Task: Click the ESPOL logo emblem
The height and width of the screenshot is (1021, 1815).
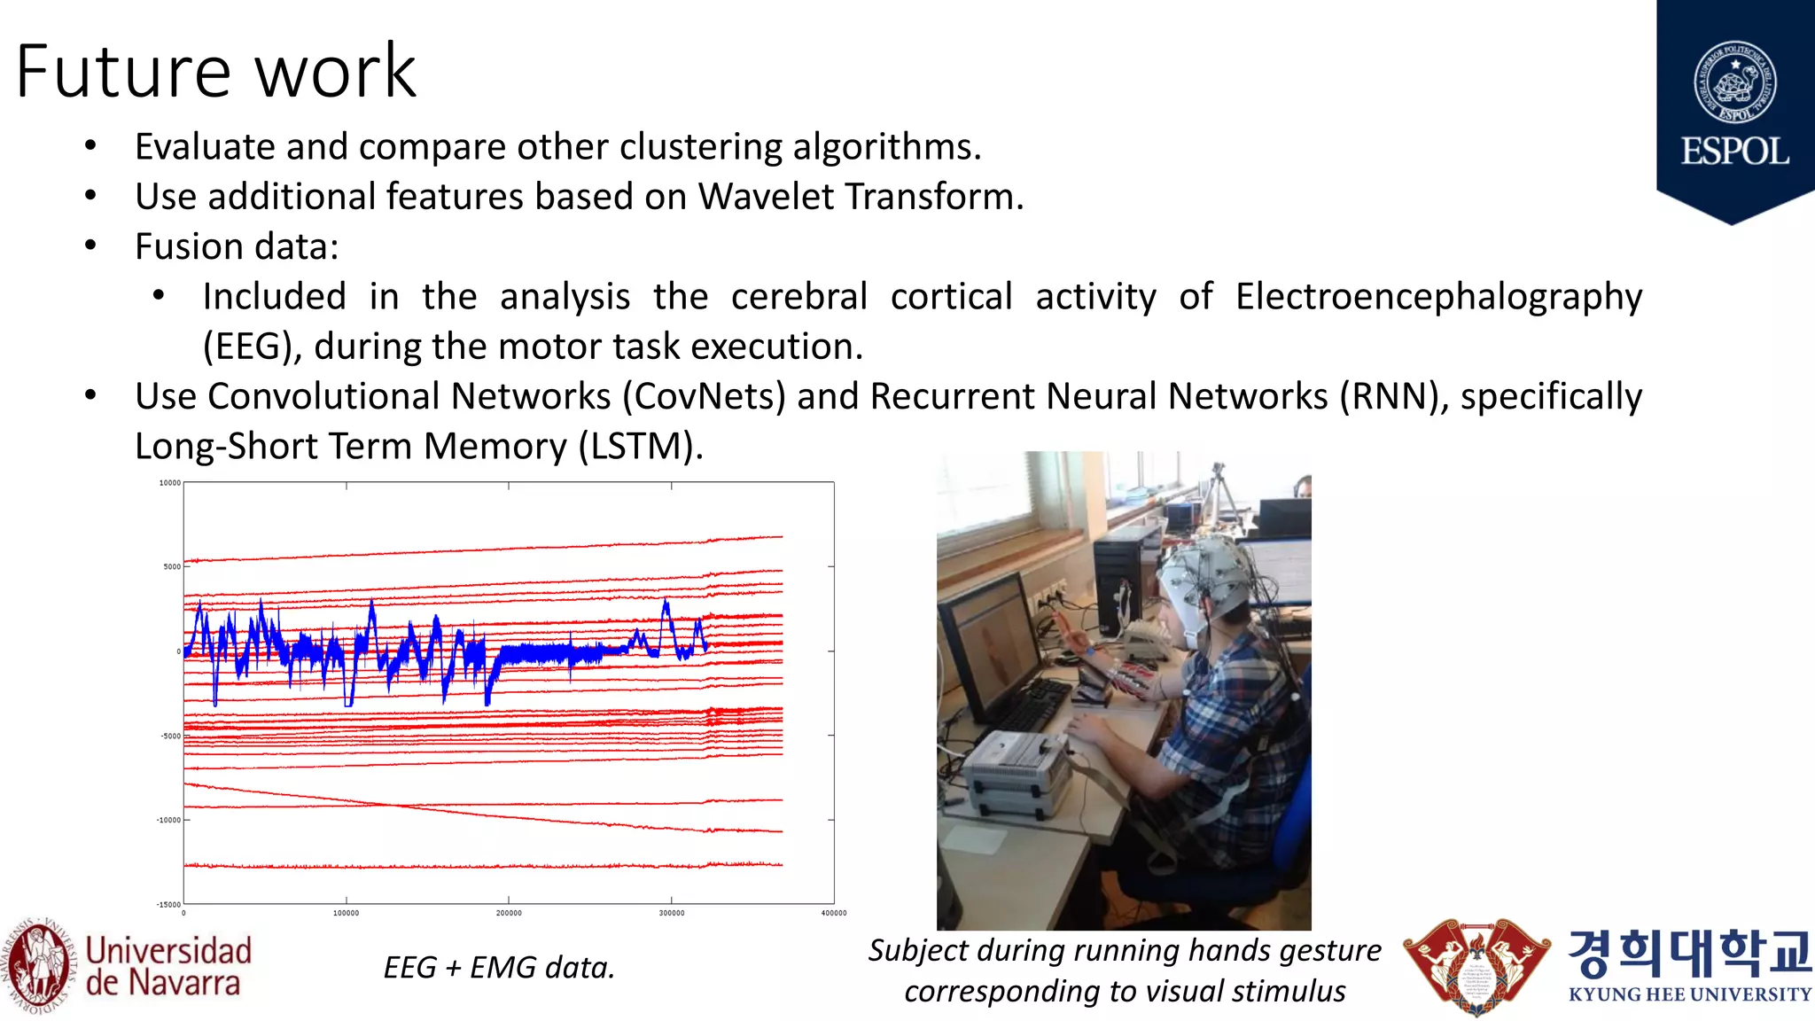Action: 1734,82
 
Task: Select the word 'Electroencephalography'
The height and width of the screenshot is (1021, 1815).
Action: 1438,296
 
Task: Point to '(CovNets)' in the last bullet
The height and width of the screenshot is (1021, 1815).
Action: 704,396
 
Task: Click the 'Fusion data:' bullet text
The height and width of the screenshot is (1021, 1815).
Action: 237,246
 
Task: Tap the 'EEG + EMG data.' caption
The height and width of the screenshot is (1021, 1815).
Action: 499,967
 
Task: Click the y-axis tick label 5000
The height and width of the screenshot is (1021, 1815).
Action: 171,566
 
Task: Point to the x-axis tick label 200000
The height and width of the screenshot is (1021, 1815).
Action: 509,913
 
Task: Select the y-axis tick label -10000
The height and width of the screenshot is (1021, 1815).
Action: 168,820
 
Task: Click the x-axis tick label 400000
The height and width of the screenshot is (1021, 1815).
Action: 833,913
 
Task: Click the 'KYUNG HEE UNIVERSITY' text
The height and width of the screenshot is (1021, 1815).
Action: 1689,994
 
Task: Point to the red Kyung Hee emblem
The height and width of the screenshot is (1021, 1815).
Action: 1476,966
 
